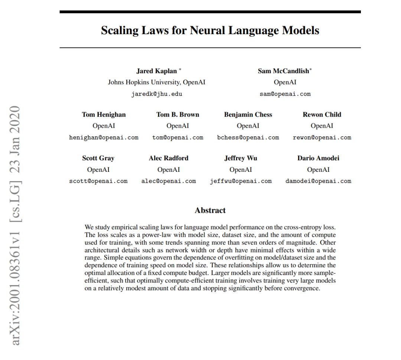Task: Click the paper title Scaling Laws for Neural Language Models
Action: [x=210, y=30]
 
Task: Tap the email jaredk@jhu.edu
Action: [x=157, y=94]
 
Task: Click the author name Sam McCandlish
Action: [x=283, y=71]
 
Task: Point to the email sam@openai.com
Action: [x=285, y=94]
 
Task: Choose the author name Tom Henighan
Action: [x=104, y=115]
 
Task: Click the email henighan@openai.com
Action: [x=104, y=138]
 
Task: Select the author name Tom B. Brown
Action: [x=177, y=115]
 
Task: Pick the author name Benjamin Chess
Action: [x=248, y=115]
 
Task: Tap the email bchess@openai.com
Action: [x=248, y=138]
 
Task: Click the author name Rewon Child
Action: [x=322, y=115]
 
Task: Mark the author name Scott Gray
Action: [x=98, y=158]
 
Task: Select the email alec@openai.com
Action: [x=169, y=181]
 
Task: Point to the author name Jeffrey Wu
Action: [x=241, y=158]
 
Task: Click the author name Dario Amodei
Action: [x=318, y=158]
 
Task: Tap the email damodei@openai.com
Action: [x=318, y=181]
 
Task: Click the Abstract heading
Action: [x=210, y=210]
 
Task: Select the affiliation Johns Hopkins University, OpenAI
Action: [x=156, y=82]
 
